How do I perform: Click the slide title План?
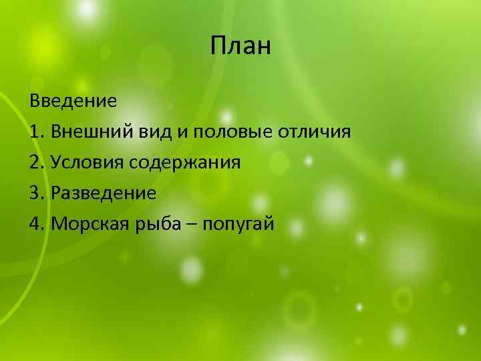(240, 47)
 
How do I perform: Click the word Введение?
(73, 102)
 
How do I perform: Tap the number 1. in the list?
(37, 132)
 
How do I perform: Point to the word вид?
(154, 132)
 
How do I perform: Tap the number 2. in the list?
(37, 162)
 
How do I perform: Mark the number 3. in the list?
(37, 193)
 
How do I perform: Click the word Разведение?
(103, 194)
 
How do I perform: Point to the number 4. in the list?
(37, 224)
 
